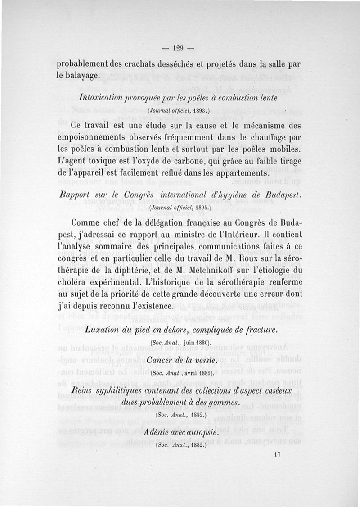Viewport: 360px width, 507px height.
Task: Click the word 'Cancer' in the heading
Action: coord(161,362)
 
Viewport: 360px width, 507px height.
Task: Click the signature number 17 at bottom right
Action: coord(277,455)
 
